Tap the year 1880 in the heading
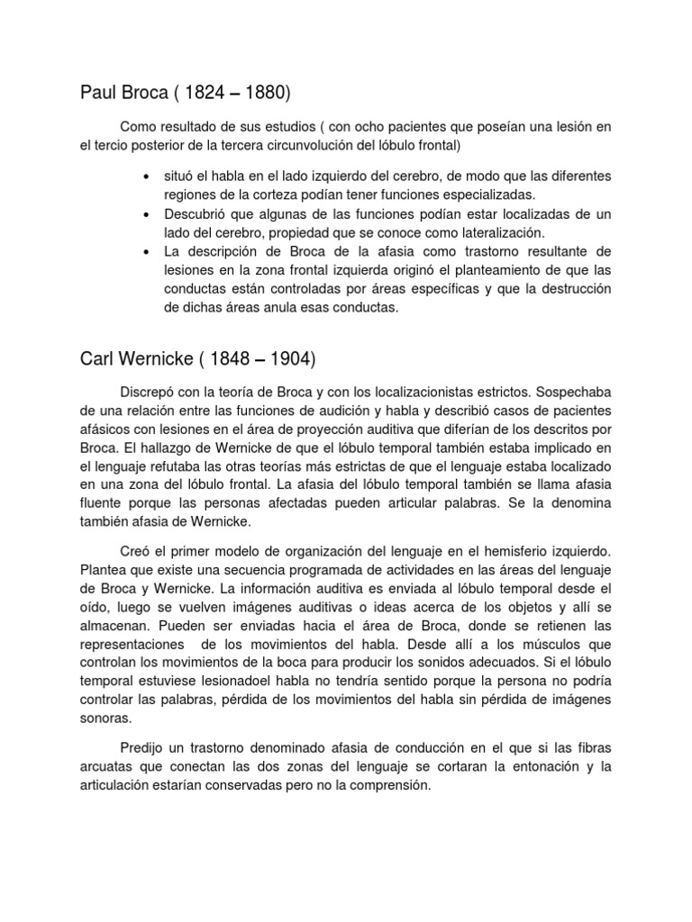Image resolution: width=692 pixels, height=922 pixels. click(x=268, y=92)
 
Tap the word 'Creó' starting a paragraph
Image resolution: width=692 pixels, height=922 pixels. click(x=136, y=549)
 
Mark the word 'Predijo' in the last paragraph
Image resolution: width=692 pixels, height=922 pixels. click(x=142, y=749)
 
